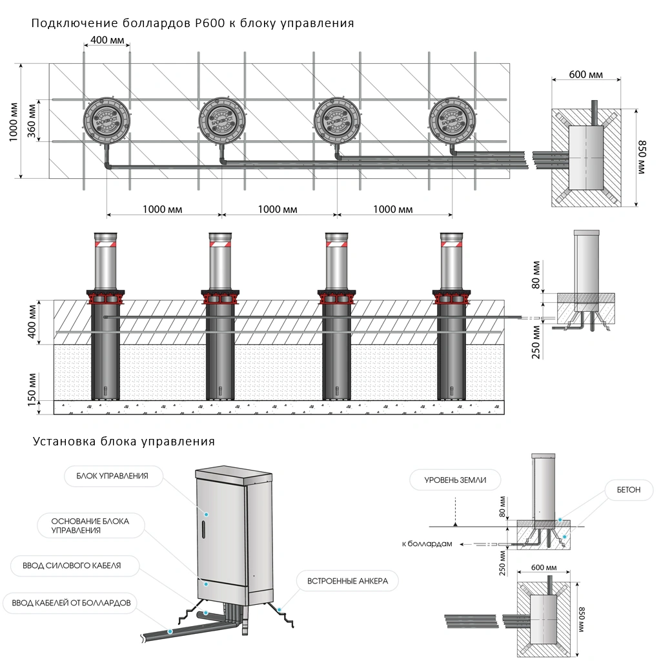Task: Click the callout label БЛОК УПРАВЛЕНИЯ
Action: click(112, 476)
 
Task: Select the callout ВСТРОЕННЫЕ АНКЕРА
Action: click(347, 581)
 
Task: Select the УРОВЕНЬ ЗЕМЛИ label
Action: click(455, 480)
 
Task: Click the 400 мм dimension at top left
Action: click(107, 40)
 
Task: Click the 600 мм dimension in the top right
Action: click(585, 74)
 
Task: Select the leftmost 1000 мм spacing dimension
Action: click(162, 210)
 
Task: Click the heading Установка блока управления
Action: click(123, 442)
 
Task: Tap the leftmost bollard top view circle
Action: click(107, 120)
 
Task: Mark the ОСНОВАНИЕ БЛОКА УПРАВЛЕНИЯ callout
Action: click(91, 525)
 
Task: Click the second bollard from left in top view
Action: click(221, 120)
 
